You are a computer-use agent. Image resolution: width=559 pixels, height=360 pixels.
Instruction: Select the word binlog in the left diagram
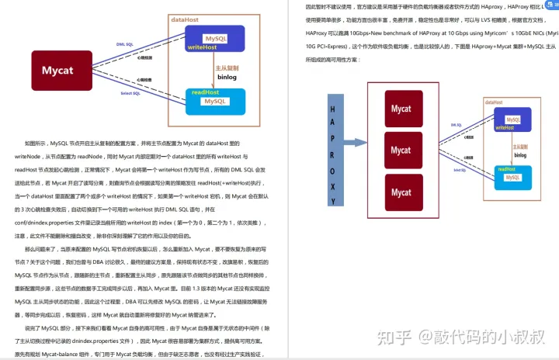(x=227, y=78)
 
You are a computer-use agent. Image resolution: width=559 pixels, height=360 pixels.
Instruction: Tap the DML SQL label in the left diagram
(x=126, y=45)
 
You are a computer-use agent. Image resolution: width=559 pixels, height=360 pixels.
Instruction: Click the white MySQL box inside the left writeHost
(x=215, y=38)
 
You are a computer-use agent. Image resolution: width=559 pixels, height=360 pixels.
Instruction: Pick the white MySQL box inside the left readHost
(x=215, y=101)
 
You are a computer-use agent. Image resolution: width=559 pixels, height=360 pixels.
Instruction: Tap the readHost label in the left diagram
(x=206, y=92)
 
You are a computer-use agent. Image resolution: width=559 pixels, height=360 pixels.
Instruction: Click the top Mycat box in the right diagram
(x=401, y=109)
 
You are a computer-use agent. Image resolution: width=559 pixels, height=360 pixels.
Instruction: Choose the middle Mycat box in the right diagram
(x=401, y=150)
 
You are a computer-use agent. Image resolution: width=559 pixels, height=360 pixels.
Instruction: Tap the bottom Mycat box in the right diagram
(x=401, y=192)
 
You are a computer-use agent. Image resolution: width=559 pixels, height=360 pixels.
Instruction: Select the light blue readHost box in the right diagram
(x=512, y=173)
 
